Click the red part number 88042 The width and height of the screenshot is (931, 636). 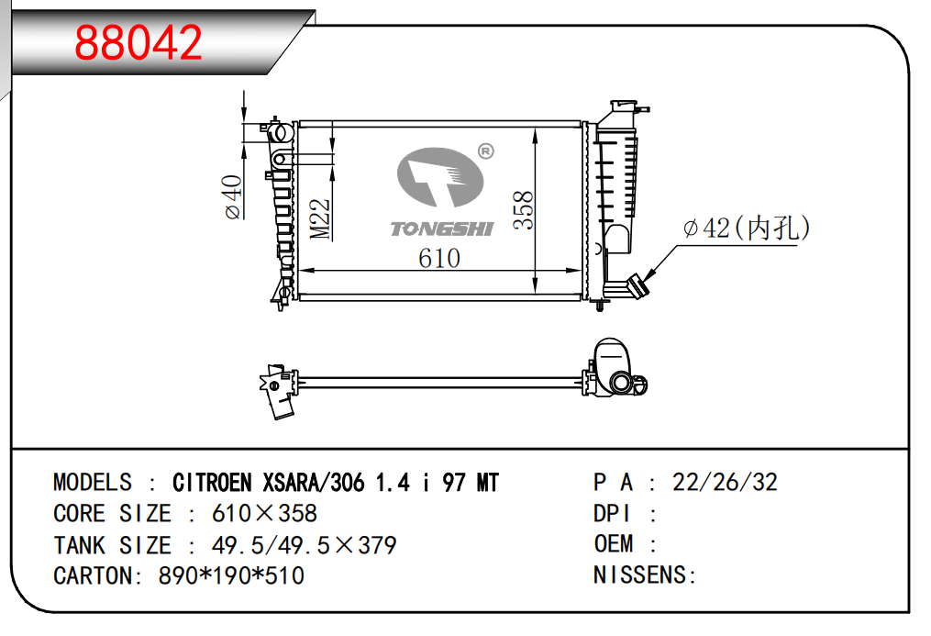139,43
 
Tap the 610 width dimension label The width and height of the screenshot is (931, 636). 438,258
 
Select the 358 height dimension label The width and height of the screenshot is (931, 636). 524,209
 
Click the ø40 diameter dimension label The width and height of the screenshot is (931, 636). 233,197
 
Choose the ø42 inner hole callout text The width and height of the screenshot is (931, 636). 747,228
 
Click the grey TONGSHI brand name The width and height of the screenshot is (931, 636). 442,229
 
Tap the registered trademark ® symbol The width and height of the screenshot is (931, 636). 486,151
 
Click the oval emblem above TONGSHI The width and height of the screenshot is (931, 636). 440,177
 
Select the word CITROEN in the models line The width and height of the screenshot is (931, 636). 212,483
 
